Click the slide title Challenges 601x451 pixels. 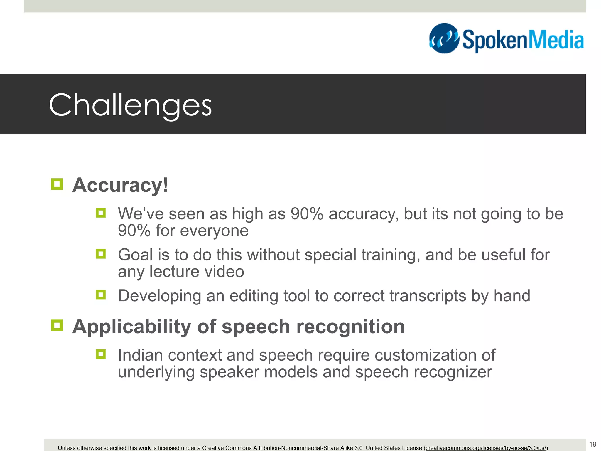pos(130,105)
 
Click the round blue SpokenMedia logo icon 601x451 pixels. pos(444,38)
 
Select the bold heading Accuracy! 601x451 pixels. pos(120,185)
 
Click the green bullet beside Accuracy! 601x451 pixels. pos(57,184)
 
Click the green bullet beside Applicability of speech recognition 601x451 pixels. pos(57,325)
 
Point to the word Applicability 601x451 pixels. pos(132,327)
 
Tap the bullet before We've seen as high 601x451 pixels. pos(101,213)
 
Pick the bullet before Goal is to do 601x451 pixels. pos(101,254)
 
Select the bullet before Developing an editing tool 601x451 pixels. pos(101,295)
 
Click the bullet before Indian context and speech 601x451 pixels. pos(101,354)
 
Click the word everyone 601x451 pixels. pos(214,231)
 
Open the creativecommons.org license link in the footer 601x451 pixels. pos(486,448)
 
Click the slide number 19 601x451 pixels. pos(592,444)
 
